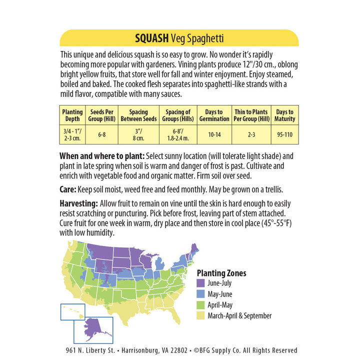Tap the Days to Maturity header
pos(285,115)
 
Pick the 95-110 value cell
pos(285,134)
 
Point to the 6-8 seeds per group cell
pos(102,134)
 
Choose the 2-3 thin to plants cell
pos(251,134)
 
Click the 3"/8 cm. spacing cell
pos(138,134)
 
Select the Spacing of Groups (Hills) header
pos(177,115)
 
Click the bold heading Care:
pos(68,189)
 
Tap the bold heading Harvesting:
pos(78,203)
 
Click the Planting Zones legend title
pos(221,273)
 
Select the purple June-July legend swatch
pos(201,283)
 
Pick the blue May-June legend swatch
pos(201,294)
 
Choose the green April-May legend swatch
pos(201,305)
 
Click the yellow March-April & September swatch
pos(201,315)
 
